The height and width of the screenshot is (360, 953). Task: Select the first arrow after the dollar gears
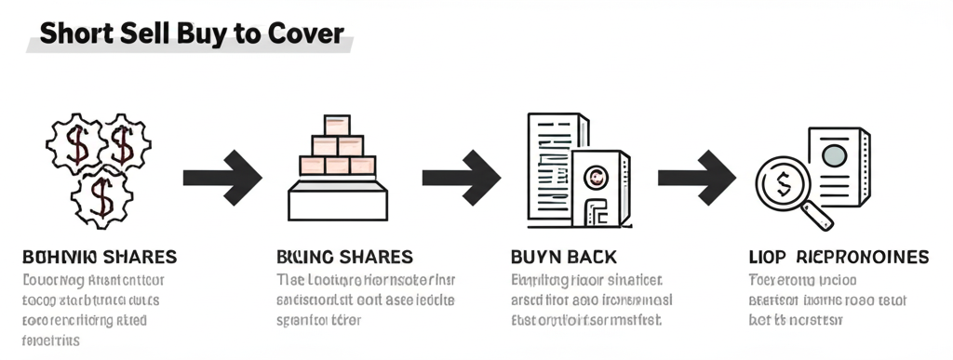[x=222, y=176]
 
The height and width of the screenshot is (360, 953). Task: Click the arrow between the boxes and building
[x=462, y=176]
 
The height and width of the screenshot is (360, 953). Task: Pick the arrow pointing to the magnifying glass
[x=697, y=176]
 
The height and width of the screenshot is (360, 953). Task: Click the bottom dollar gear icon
[x=101, y=196]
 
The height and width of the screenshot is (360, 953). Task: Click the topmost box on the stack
[x=337, y=125]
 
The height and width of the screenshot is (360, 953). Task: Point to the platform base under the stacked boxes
[x=337, y=200]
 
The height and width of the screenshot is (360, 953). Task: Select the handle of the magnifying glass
[x=818, y=216]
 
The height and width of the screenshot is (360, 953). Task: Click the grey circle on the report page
[x=835, y=153]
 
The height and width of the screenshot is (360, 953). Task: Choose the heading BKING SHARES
[x=345, y=256]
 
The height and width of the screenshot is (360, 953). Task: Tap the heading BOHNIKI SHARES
[x=99, y=256]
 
